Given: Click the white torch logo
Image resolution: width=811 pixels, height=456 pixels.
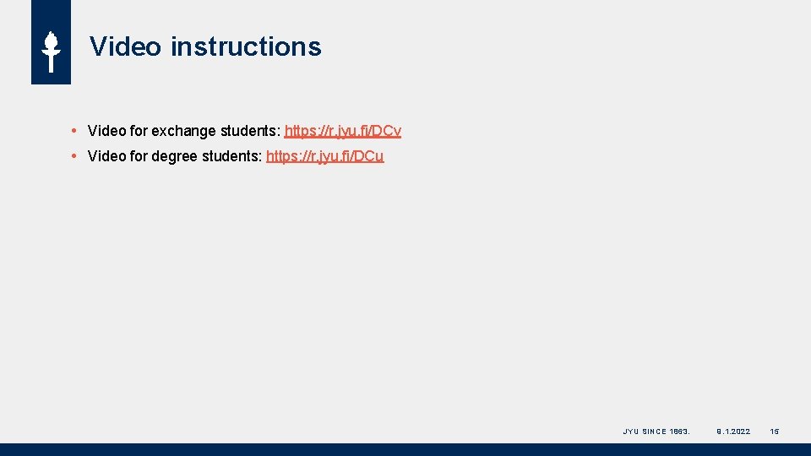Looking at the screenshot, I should click(51, 52).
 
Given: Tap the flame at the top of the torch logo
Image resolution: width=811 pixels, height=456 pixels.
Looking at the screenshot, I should click(51, 41).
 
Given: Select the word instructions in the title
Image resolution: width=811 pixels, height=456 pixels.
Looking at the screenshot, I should click(246, 46).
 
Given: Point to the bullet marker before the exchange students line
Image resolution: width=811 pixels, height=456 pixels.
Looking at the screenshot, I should click(75, 131).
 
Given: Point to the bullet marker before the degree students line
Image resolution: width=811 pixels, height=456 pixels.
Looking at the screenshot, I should click(75, 156).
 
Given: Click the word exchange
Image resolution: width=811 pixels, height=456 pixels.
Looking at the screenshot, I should click(183, 131).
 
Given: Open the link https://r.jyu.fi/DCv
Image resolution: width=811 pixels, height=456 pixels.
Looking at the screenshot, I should click(343, 131).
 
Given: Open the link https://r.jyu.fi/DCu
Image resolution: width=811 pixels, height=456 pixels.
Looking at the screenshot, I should click(324, 156).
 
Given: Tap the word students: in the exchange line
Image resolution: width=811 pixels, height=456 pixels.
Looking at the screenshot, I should click(250, 131).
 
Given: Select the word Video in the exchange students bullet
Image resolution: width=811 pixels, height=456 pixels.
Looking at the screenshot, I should click(106, 131).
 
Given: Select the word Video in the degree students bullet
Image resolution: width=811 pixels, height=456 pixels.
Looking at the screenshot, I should click(106, 156).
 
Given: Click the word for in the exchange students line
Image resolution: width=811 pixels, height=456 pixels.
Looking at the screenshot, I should click(139, 131).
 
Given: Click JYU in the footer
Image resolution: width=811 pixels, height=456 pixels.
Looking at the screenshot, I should click(630, 432).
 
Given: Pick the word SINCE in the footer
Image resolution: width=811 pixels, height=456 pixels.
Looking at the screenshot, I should click(654, 432).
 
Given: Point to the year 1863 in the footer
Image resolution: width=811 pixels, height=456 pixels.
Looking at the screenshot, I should click(679, 432).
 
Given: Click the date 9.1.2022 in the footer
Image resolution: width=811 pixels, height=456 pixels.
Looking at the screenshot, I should click(733, 432).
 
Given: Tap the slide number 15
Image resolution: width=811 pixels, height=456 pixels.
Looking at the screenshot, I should click(775, 432).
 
